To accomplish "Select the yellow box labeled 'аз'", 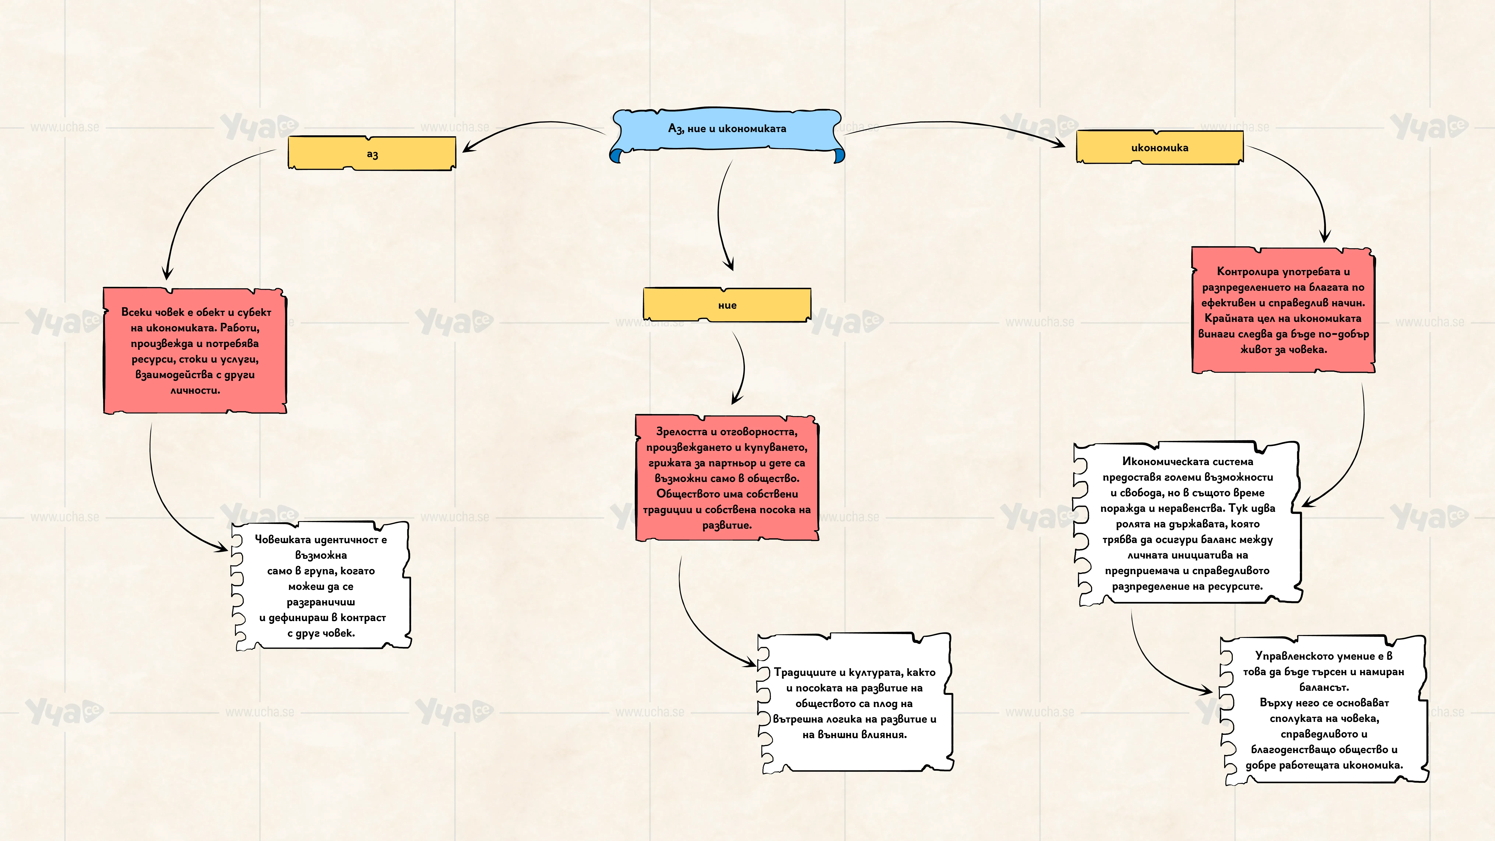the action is click(372, 153).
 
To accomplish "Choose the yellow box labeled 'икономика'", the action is click(1160, 147).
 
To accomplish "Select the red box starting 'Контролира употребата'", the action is click(1283, 310).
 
